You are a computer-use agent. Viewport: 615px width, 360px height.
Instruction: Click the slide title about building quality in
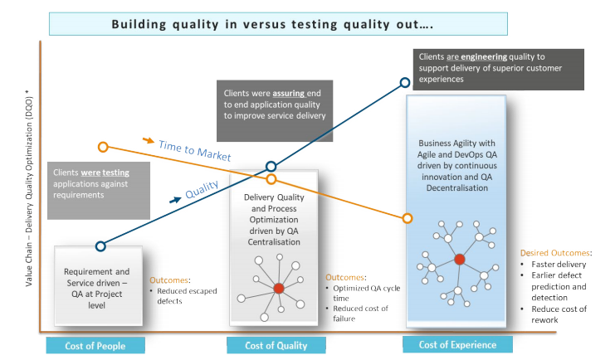(307, 23)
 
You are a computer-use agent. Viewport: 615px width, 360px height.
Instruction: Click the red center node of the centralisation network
(279, 288)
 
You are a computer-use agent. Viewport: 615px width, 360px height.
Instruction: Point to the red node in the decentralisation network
(459, 259)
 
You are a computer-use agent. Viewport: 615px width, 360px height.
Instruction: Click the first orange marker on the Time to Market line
(103, 147)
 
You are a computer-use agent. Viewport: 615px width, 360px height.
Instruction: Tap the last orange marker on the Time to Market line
(408, 218)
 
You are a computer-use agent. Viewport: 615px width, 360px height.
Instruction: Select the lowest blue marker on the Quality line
(100, 246)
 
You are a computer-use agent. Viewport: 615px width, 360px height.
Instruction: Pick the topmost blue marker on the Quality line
(405, 82)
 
